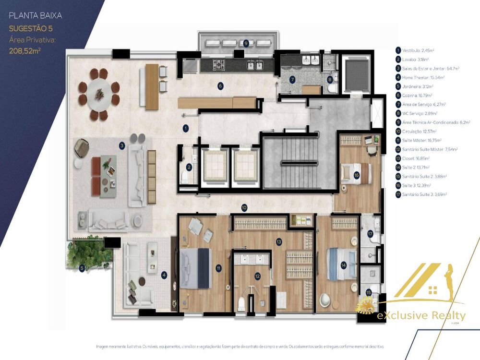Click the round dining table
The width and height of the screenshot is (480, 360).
click(99, 94)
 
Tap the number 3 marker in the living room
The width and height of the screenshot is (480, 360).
click(122, 145)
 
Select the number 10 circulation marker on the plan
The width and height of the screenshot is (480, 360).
click(244, 208)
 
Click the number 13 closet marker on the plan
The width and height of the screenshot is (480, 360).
click(278, 242)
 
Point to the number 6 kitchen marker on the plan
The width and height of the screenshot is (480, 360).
click(220, 86)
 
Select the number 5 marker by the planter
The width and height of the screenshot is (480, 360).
click(82, 269)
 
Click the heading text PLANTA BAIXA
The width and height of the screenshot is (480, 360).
click(36, 15)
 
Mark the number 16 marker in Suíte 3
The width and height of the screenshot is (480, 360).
click(356, 176)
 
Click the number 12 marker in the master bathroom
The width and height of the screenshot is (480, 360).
click(257, 276)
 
